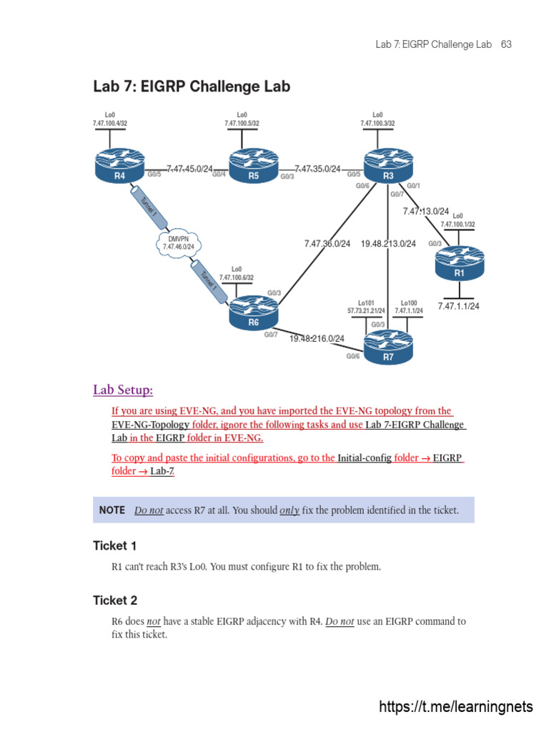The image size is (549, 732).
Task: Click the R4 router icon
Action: (x=119, y=166)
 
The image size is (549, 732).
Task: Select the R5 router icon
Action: (x=253, y=166)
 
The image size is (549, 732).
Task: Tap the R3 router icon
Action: (x=388, y=166)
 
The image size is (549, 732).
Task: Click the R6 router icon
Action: (x=253, y=314)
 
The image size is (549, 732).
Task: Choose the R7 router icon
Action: (x=388, y=349)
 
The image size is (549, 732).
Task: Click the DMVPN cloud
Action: (x=177, y=243)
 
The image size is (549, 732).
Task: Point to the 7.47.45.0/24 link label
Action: (x=189, y=169)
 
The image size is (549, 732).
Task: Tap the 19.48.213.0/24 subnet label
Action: (x=388, y=244)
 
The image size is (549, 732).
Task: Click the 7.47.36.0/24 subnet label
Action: (x=327, y=244)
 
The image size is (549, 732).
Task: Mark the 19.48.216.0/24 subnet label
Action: (x=317, y=339)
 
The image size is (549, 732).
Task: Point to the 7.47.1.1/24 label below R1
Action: (x=458, y=307)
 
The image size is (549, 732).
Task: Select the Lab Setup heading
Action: (x=123, y=390)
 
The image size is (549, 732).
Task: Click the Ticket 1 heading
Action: (x=114, y=546)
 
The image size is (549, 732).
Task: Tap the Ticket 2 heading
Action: (x=114, y=600)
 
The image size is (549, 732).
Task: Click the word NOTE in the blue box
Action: (x=112, y=510)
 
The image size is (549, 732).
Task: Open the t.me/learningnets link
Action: (x=455, y=707)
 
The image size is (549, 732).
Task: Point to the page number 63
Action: (x=506, y=44)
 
